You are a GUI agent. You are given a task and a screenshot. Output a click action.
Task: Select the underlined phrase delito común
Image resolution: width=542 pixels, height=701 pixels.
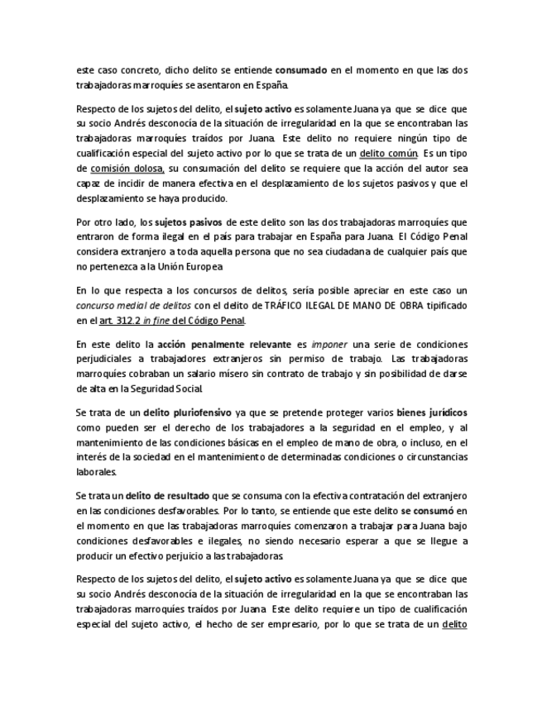click(388, 154)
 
